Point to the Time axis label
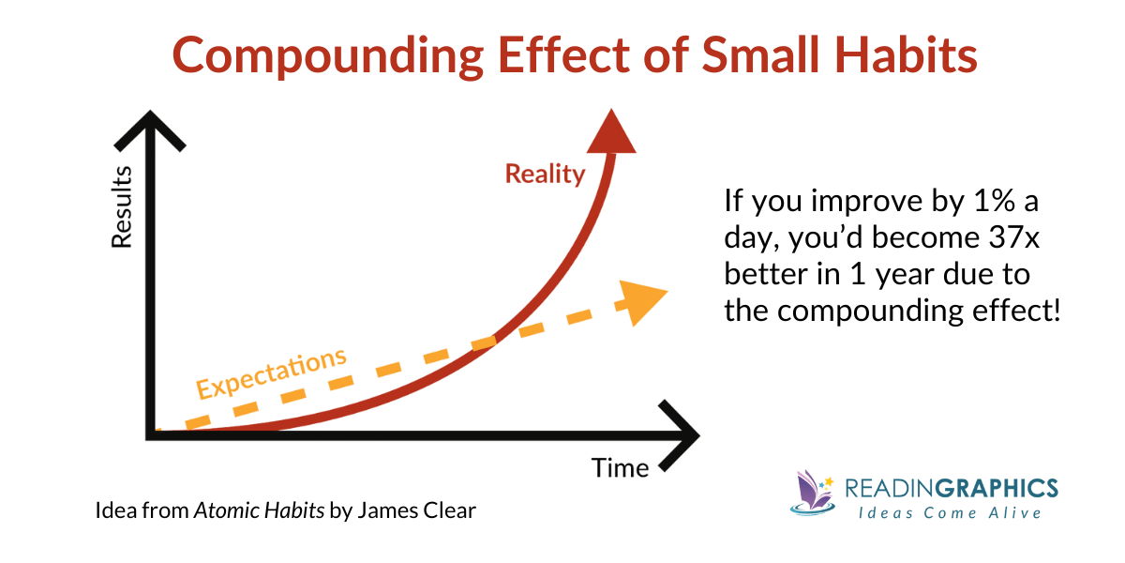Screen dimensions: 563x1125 pyautogui.click(x=620, y=466)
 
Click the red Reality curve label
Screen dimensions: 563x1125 pyautogui.click(x=545, y=174)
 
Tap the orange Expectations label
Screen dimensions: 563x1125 pyautogui.click(x=271, y=373)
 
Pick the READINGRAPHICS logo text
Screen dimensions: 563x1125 pyautogui.click(x=951, y=488)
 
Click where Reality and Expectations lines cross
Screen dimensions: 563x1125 pyautogui.click(x=487, y=340)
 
